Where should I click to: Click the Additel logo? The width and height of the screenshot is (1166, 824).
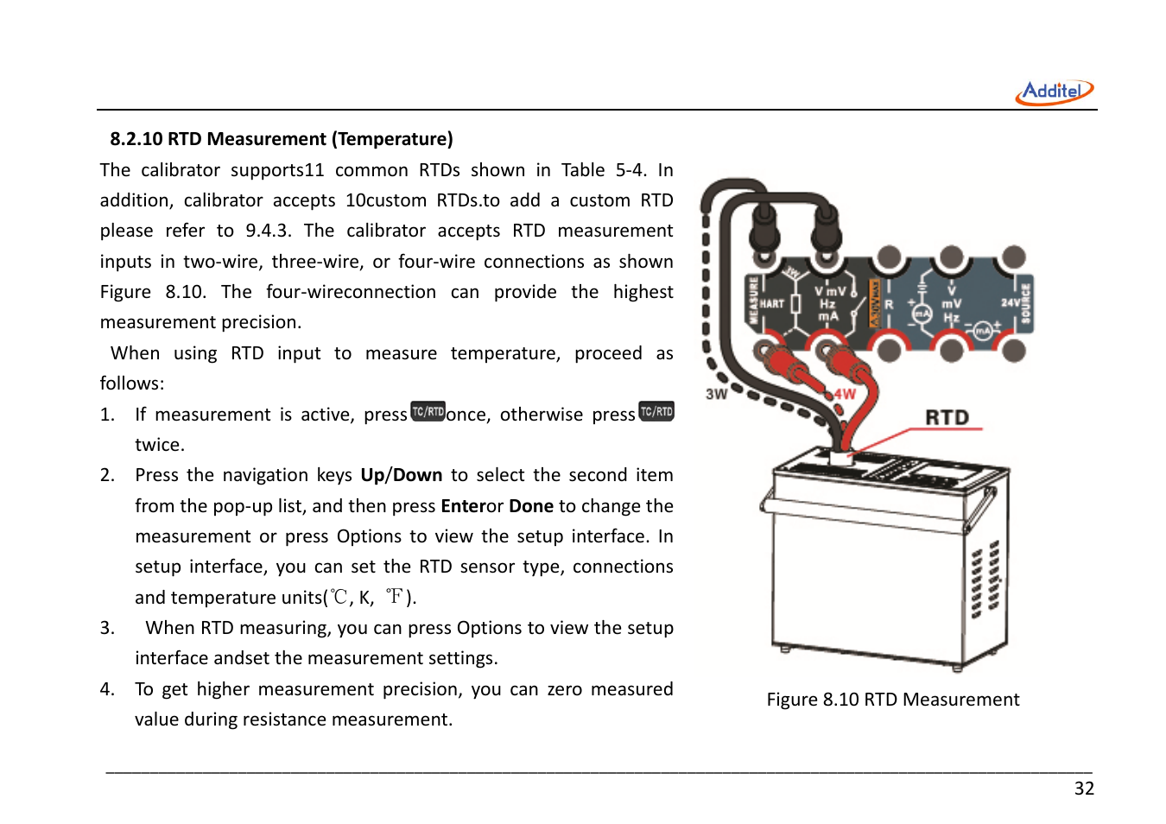pos(1054,92)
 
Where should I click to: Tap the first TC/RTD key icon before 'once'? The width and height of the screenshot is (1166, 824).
pos(428,412)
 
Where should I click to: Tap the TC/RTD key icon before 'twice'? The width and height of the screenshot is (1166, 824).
pos(656,412)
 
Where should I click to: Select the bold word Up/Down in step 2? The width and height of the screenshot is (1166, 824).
pos(401,475)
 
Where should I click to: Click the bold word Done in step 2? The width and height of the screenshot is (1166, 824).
pos(530,506)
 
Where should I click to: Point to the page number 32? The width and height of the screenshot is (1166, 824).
pos(1083,789)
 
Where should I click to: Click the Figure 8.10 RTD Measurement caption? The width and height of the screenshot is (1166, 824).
pos(892,700)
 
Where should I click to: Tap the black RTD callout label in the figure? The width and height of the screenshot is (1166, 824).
pos(947,418)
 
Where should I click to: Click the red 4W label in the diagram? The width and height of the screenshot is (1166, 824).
pos(844,395)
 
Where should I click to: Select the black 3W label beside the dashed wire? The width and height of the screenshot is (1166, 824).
pos(716,394)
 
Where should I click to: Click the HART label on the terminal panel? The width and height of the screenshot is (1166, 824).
pos(771,304)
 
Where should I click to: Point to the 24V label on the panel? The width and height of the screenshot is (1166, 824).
pos(1009,303)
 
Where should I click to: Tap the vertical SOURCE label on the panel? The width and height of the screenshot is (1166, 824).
pos(1026,304)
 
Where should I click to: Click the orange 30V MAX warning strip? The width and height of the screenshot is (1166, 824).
pos(873,303)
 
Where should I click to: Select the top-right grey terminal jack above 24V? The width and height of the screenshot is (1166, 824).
pos(1012,257)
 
